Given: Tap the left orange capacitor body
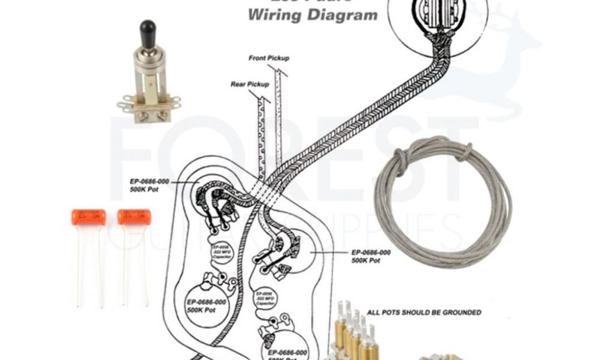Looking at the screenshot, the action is click(88, 217).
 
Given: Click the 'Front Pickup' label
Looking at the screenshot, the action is click(269, 58).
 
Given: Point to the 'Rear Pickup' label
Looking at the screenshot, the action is click(249, 85).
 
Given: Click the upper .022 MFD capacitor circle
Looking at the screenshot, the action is click(220, 251).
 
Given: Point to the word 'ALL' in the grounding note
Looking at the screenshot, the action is click(373, 313).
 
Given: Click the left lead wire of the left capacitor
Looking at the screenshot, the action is click(80, 264).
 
